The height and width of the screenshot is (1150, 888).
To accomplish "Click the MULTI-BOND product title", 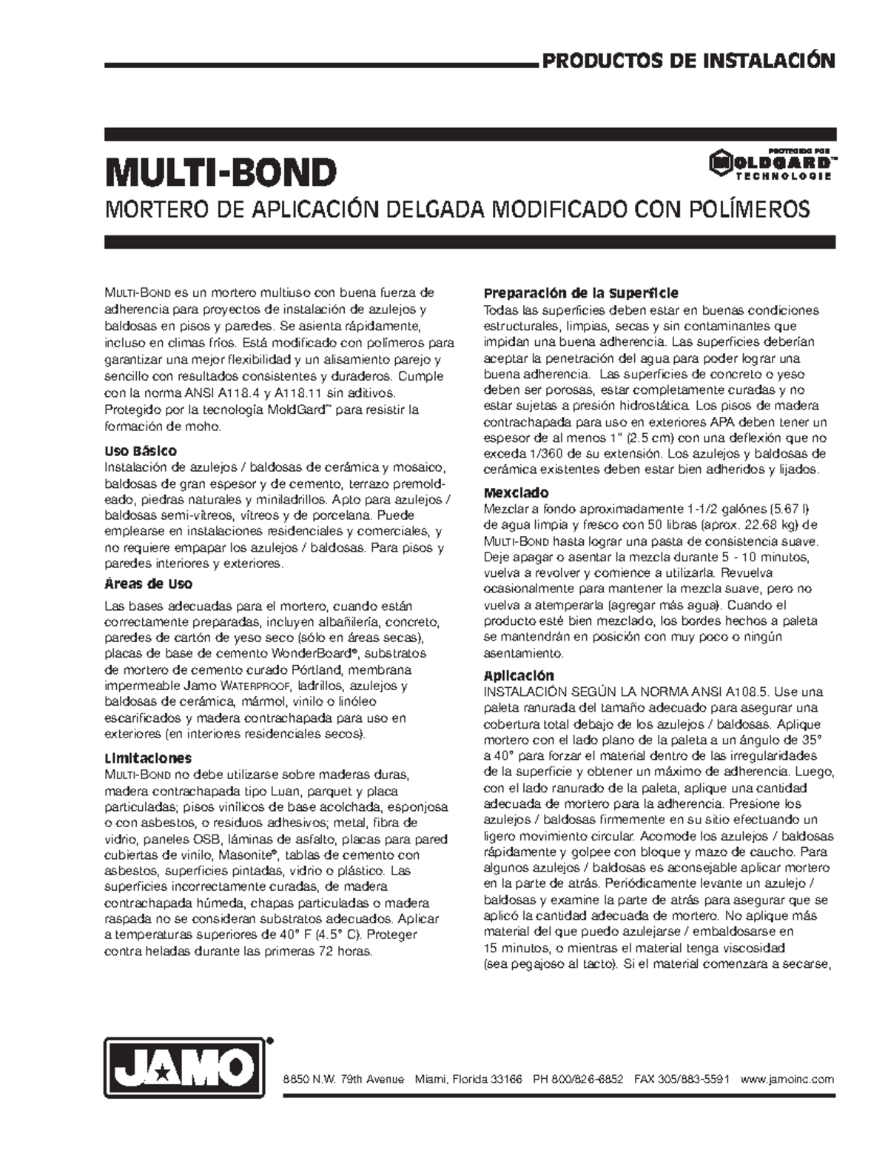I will point(221,173).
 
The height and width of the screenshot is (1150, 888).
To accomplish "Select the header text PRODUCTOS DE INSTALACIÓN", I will point(690,61).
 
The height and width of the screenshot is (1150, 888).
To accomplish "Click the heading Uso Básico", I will point(141,451).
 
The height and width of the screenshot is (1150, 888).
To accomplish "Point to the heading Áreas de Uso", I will point(149,584).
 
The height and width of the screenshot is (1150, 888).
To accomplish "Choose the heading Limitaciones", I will point(148,758).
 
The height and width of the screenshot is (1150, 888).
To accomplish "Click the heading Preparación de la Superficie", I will point(580,293).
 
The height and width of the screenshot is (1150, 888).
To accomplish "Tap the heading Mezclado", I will point(516,493).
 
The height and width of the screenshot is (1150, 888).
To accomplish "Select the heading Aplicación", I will point(518,675).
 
